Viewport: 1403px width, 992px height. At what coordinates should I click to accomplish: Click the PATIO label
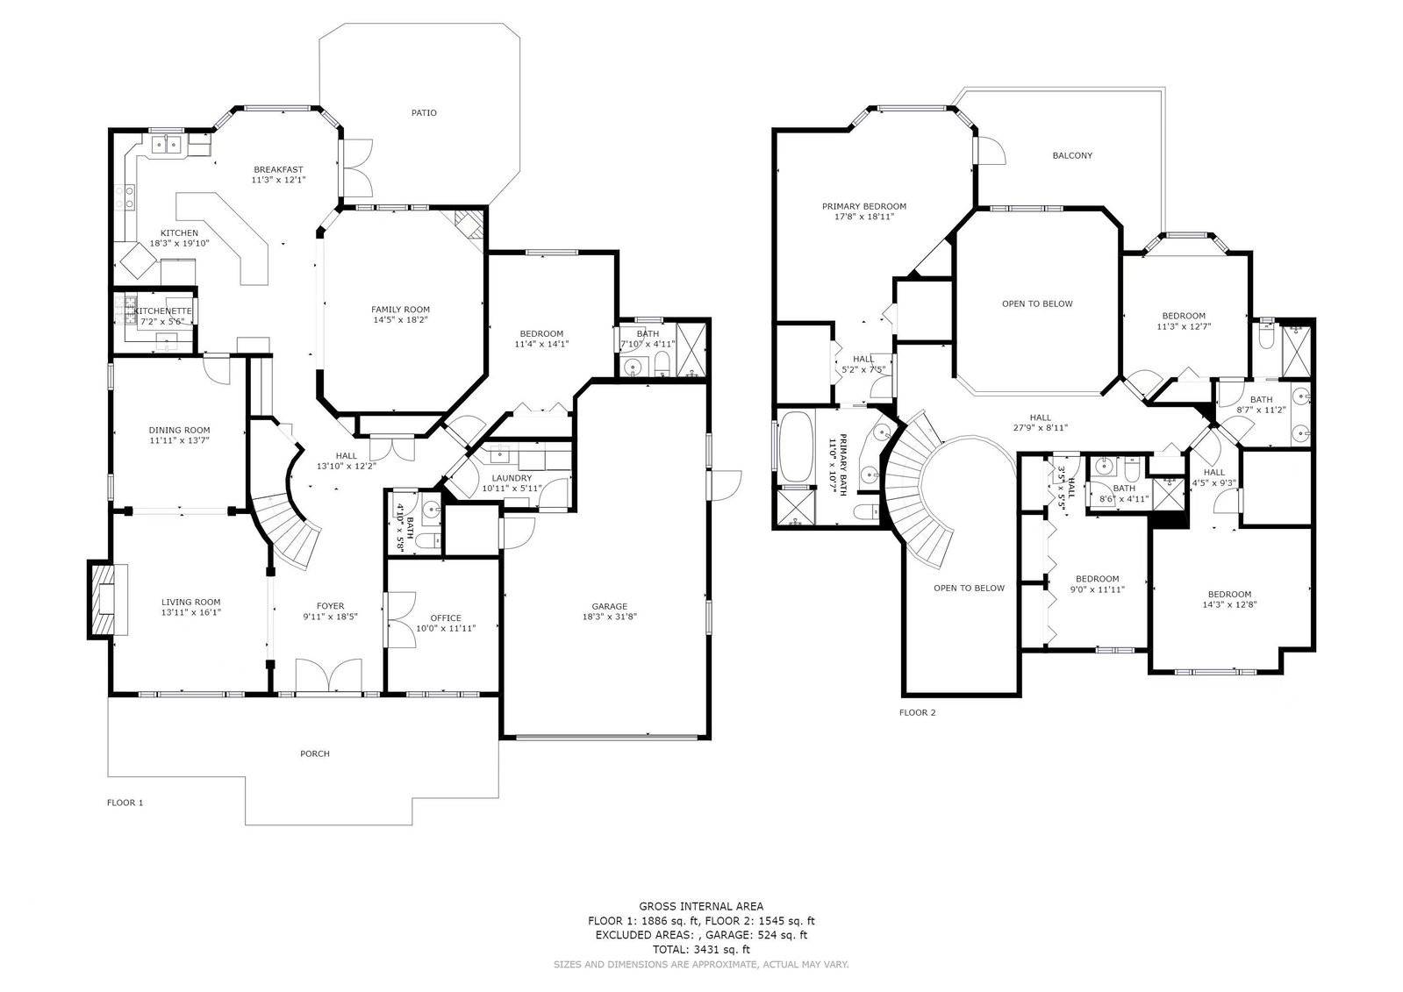coord(424,113)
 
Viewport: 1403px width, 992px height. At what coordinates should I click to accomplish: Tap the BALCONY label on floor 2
coord(1072,155)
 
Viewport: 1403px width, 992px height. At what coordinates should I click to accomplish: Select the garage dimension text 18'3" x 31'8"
coord(610,617)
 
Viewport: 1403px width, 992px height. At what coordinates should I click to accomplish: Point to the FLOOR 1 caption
coord(125,803)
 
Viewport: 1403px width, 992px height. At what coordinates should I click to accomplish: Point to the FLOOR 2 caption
coord(918,712)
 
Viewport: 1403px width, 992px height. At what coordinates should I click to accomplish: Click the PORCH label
coord(315,753)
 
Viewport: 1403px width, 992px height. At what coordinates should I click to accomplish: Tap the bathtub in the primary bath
coord(795,447)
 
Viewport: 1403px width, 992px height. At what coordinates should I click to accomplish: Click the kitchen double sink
coord(166,145)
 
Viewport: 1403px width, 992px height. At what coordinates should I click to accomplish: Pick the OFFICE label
coord(446,617)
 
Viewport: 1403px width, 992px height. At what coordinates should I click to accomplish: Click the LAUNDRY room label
coord(512,478)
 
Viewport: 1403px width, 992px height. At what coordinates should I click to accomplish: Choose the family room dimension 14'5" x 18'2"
coord(400,319)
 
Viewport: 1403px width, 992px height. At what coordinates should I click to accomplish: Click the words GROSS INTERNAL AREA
coord(702,906)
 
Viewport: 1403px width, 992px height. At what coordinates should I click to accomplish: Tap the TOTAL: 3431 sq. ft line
coord(702,949)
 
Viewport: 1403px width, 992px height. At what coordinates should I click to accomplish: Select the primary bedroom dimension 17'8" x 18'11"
coord(864,217)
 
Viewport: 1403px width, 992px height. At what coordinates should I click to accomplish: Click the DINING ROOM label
coord(180,431)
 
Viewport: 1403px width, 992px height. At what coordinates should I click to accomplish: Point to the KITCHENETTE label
coord(163,311)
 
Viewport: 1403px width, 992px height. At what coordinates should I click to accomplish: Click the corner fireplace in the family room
coord(469,225)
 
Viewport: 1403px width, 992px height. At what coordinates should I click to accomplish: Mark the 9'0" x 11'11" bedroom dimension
coord(1098,589)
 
